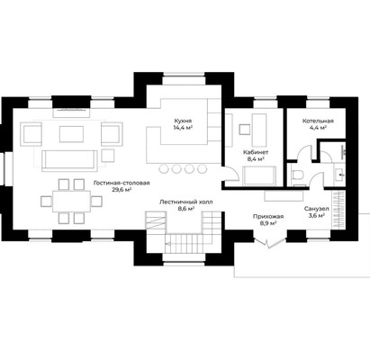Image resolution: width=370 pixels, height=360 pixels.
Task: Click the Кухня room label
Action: click(x=183, y=121)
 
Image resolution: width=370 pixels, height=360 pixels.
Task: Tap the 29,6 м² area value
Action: click(x=122, y=190)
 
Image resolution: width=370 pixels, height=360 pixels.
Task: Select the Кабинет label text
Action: click(x=256, y=152)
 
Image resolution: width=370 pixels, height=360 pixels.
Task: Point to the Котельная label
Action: click(x=318, y=121)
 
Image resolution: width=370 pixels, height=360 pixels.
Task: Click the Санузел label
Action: click(x=316, y=209)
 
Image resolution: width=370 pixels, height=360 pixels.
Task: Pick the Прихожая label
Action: click(x=268, y=217)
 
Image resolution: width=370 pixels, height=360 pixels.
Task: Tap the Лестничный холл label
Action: click(x=185, y=202)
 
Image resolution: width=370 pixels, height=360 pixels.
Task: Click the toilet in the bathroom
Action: click(x=298, y=175)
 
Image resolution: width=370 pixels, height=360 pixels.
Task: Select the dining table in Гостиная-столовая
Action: click(x=71, y=202)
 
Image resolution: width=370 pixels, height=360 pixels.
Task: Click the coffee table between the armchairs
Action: click(x=71, y=134)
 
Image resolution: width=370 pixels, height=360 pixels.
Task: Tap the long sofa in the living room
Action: click(x=70, y=161)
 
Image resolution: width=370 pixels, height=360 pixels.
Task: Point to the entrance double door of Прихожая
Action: click(x=270, y=242)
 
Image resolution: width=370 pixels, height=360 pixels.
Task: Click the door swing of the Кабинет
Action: click(x=230, y=174)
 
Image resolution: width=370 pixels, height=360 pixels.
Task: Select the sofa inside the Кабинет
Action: click(x=259, y=175)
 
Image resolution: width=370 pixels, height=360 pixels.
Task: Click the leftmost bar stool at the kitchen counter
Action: click(x=164, y=169)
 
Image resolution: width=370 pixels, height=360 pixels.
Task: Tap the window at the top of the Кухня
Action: click(x=184, y=79)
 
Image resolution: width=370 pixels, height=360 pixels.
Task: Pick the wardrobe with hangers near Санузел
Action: click(x=338, y=212)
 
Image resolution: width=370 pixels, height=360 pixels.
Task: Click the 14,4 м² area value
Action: click(x=183, y=127)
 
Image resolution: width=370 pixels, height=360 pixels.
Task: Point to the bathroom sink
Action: click(x=339, y=174)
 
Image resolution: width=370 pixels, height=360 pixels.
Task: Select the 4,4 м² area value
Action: click(x=318, y=128)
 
